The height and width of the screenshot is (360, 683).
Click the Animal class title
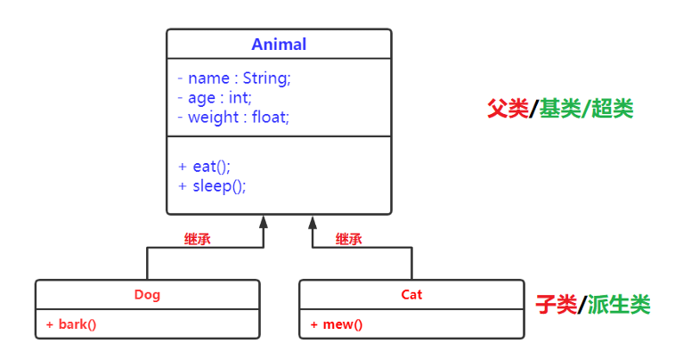[279, 45]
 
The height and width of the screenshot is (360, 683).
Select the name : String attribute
[234, 78]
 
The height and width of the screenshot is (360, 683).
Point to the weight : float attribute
[233, 117]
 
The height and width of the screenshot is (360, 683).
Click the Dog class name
[147, 294]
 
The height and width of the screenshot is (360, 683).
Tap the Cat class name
[411, 294]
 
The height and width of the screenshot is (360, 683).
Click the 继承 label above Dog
[198, 239]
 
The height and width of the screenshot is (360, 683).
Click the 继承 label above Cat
[349, 239]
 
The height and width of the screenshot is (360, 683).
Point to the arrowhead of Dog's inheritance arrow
[263, 221]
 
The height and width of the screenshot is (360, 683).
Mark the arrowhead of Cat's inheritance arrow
[313, 221]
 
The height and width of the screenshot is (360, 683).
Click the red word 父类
[508, 110]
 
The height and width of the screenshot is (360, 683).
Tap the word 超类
[613, 110]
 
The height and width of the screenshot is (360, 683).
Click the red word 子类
[557, 305]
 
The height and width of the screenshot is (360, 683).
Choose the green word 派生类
[620, 305]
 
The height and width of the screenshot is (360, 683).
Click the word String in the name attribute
[267, 78]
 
